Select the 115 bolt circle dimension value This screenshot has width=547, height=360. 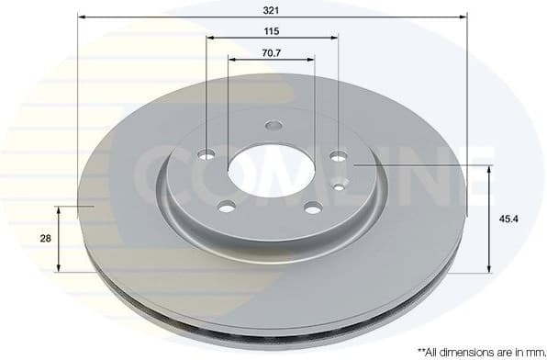(272, 30)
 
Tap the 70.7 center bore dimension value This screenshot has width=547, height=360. (271, 52)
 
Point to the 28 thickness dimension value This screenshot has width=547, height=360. (45, 238)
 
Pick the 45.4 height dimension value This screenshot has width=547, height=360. (507, 219)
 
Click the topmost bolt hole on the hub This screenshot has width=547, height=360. (273, 126)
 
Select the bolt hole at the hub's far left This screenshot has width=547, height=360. (207, 153)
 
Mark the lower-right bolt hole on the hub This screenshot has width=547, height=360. (313, 206)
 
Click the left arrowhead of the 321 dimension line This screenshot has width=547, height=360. (80, 17)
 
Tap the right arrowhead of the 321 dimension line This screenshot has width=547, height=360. (464, 17)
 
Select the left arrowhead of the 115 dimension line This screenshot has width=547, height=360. (210, 38)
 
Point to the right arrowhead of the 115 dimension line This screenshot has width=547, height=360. (335, 38)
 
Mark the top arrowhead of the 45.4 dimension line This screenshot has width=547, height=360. (490, 169)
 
